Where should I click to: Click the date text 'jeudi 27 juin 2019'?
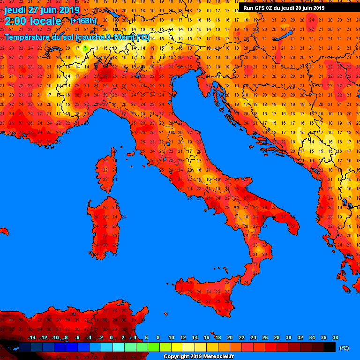pos(42,10)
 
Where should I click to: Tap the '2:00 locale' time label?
pos(33,21)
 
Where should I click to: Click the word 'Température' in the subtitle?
pos(28,37)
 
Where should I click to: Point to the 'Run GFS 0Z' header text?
pos(260,7)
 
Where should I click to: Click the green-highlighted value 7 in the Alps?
pos(85,48)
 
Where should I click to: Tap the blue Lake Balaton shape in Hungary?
pos(284,36)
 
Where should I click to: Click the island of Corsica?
pos(107,171)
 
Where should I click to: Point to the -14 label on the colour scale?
pos(32,337)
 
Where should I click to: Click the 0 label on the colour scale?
pos(111,337)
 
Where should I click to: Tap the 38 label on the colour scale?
pos(335,337)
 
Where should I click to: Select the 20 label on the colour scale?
pos(230,337)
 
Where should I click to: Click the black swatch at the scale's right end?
pos(329,347)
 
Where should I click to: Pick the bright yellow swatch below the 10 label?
pos(177,347)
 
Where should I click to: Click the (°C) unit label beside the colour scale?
pos(345,348)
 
